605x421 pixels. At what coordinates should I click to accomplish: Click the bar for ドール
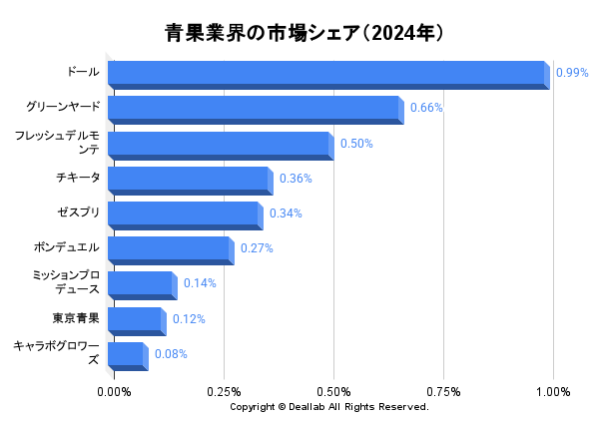pos(327,74)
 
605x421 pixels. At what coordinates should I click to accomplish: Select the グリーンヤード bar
pos(255,109)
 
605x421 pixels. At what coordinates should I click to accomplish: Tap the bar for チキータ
pos(189,180)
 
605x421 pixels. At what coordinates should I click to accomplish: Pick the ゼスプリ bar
pos(185,214)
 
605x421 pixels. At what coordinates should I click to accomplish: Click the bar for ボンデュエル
pos(170,249)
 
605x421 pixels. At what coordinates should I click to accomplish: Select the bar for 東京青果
pos(136,320)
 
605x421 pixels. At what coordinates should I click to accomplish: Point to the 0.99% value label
pos(572,73)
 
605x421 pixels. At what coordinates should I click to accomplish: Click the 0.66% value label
pos(426,108)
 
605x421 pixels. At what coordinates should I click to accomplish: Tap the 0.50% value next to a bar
pos(356,144)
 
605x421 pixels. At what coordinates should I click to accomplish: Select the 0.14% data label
pos(200,283)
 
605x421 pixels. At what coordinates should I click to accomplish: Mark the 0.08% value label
pos(171,354)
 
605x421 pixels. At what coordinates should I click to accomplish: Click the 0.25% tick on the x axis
pos(224,391)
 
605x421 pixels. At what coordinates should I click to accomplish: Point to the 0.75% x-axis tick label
pos(443,391)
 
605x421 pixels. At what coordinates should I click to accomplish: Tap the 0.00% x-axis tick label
pos(114,391)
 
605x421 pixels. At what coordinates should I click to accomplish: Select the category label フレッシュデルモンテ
pos(57,142)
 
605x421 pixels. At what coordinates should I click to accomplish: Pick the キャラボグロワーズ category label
pos(57,352)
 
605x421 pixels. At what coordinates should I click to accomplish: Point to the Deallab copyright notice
pos(329,407)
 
